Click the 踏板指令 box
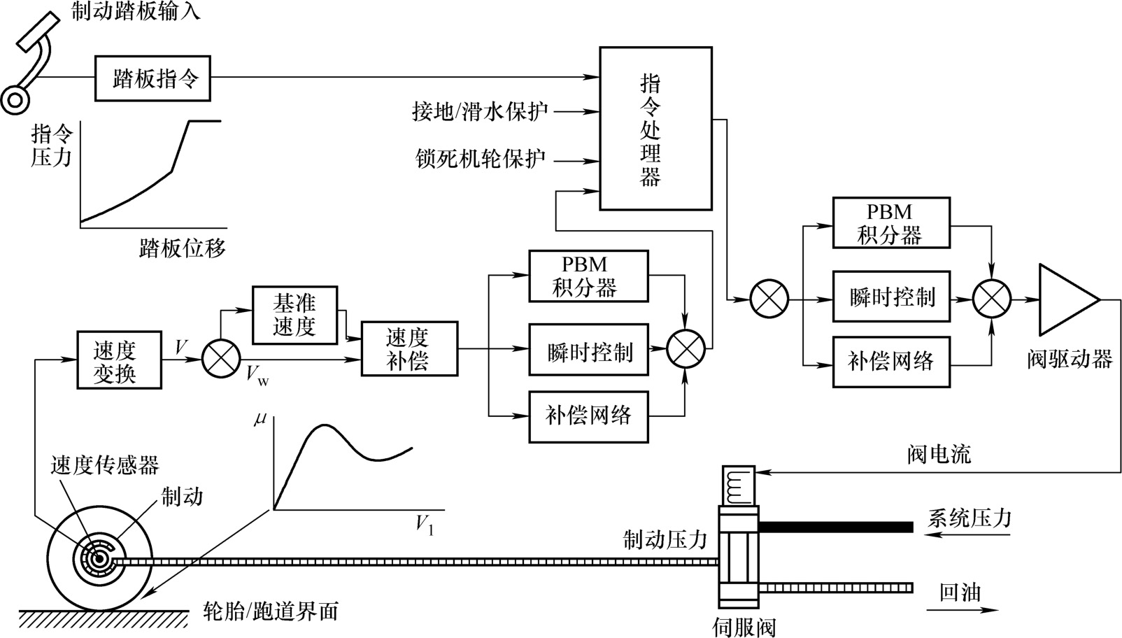click(x=152, y=79)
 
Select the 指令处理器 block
click(x=655, y=129)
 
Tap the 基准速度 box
click(x=294, y=315)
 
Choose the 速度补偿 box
click(x=409, y=348)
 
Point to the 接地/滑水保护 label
click(x=480, y=111)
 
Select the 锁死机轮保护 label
click(x=480, y=159)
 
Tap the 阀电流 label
click(x=938, y=455)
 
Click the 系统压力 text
click(x=970, y=518)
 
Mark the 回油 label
click(x=960, y=593)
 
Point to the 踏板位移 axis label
click(x=183, y=248)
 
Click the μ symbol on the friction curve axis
click(x=260, y=419)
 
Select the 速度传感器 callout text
click(x=105, y=465)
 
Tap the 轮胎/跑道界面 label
click(x=271, y=611)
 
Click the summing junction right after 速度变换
click(x=221, y=360)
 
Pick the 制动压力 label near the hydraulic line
click(x=665, y=539)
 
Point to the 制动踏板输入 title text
click(x=136, y=11)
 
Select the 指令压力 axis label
click(x=52, y=145)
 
